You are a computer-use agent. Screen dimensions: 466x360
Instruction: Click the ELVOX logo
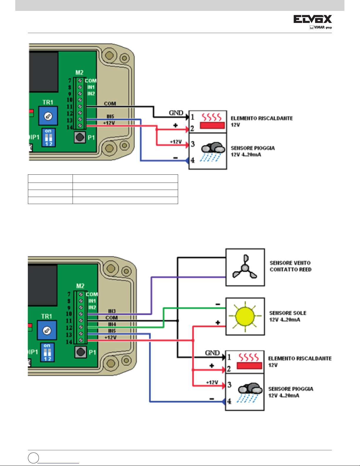(312, 19)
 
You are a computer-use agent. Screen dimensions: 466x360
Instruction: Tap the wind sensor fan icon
(245, 268)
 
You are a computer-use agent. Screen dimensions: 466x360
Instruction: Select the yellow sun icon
(245, 316)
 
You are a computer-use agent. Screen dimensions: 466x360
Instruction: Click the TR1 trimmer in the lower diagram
(47, 330)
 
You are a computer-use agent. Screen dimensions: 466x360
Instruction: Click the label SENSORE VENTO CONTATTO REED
(290, 266)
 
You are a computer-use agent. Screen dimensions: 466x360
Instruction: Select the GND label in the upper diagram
(176, 113)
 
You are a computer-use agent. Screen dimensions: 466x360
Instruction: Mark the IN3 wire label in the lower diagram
(112, 311)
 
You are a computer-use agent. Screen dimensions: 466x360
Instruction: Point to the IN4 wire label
(112, 324)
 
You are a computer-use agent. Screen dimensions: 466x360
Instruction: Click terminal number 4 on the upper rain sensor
(193, 160)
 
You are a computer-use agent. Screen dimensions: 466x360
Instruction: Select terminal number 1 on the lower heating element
(229, 357)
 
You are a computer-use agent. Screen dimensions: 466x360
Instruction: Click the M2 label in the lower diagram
(80, 286)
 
